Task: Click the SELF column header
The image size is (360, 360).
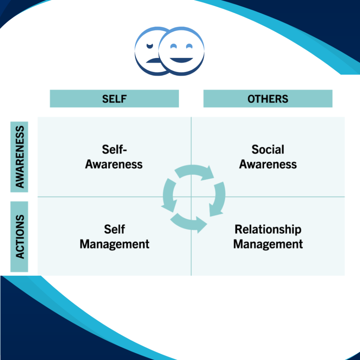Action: [x=114, y=99]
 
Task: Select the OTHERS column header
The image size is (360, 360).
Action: [x=268, y=99]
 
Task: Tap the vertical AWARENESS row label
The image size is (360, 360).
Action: [x=20, y=157]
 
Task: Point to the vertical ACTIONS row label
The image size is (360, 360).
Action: [x=20, y=237]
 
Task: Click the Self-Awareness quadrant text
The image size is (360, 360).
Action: [x=114, y=157]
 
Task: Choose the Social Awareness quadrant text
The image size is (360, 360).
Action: [x=268, y=157]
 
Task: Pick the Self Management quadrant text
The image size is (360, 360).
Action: [x=114, y=237]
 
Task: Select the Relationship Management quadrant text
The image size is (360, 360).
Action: [x=268, y=237]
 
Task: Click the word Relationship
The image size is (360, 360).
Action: [x=268, y=230]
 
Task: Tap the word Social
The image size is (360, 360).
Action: [x=268, y=150]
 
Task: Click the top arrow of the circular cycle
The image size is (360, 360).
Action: [x=195, y=172]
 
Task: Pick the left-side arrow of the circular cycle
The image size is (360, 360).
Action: [x=169, y=195]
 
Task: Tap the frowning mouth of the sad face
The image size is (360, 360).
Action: [x=153, y=60]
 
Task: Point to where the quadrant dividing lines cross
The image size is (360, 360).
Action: [x=191, y=197]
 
